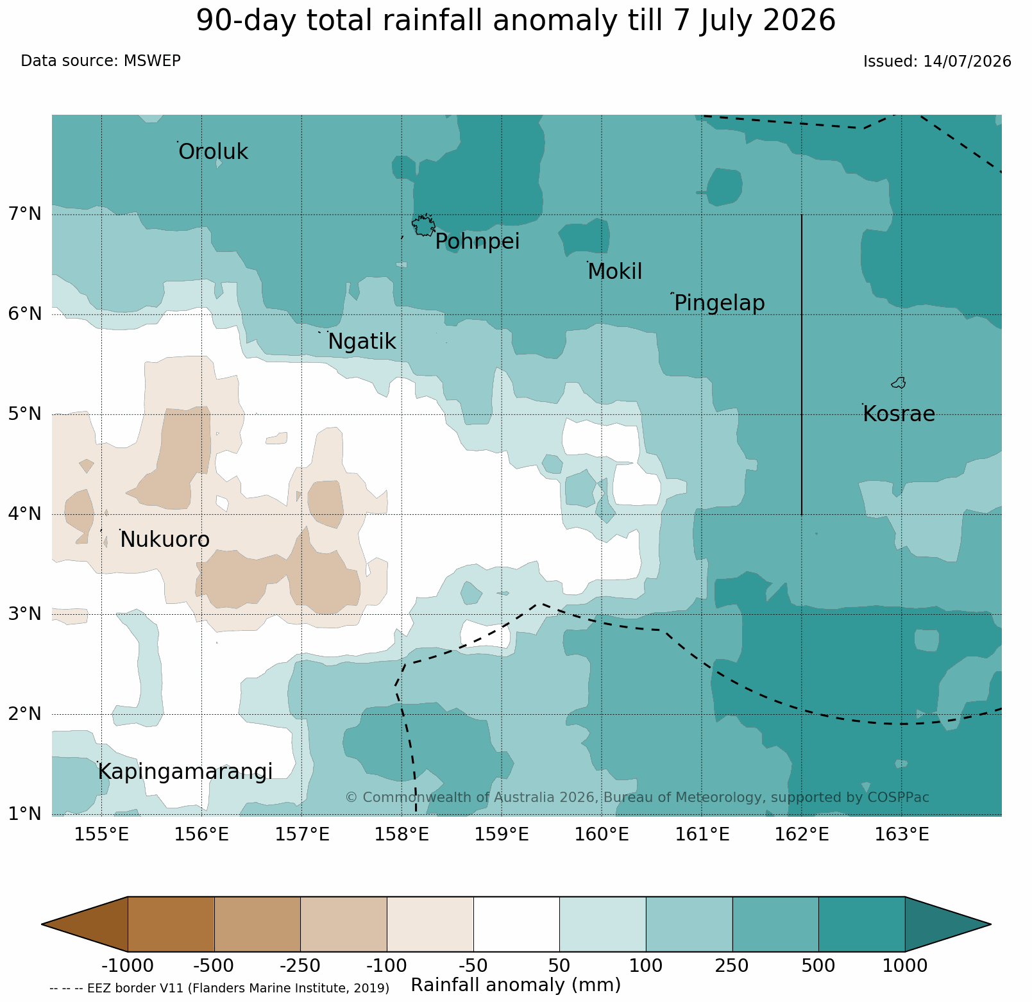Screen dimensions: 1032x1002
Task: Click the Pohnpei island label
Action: click(477, 242)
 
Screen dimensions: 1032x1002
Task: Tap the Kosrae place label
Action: click(899, 414)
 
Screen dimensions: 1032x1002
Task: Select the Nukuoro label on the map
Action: click(165, 540)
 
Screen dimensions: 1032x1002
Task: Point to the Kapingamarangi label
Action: click(185, 772)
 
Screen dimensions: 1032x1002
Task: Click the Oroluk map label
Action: click(213, 152)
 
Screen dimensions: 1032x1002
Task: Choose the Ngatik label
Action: click(362, 342)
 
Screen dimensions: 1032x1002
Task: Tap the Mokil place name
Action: click(614, 272)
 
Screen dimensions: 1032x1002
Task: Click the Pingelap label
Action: click(720, 303)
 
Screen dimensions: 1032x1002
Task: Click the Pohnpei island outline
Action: click(424, 226)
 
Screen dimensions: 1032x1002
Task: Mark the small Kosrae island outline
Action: click(899, 383)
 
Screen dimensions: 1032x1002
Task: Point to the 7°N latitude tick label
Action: click(25, 213)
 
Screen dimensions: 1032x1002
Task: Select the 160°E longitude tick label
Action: click(602, 835)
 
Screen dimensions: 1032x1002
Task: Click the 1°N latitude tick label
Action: click(25, 814)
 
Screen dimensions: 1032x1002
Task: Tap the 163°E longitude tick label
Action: click(902, 835)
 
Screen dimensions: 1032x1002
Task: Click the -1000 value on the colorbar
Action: click(128, 965)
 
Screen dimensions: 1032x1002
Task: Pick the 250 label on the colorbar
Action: click(732, 965)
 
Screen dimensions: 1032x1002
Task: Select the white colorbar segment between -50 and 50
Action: click(516, 924)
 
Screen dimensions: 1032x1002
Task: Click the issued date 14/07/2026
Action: click(967, 62)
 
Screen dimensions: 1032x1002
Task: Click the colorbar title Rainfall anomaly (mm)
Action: click(516, 985)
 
